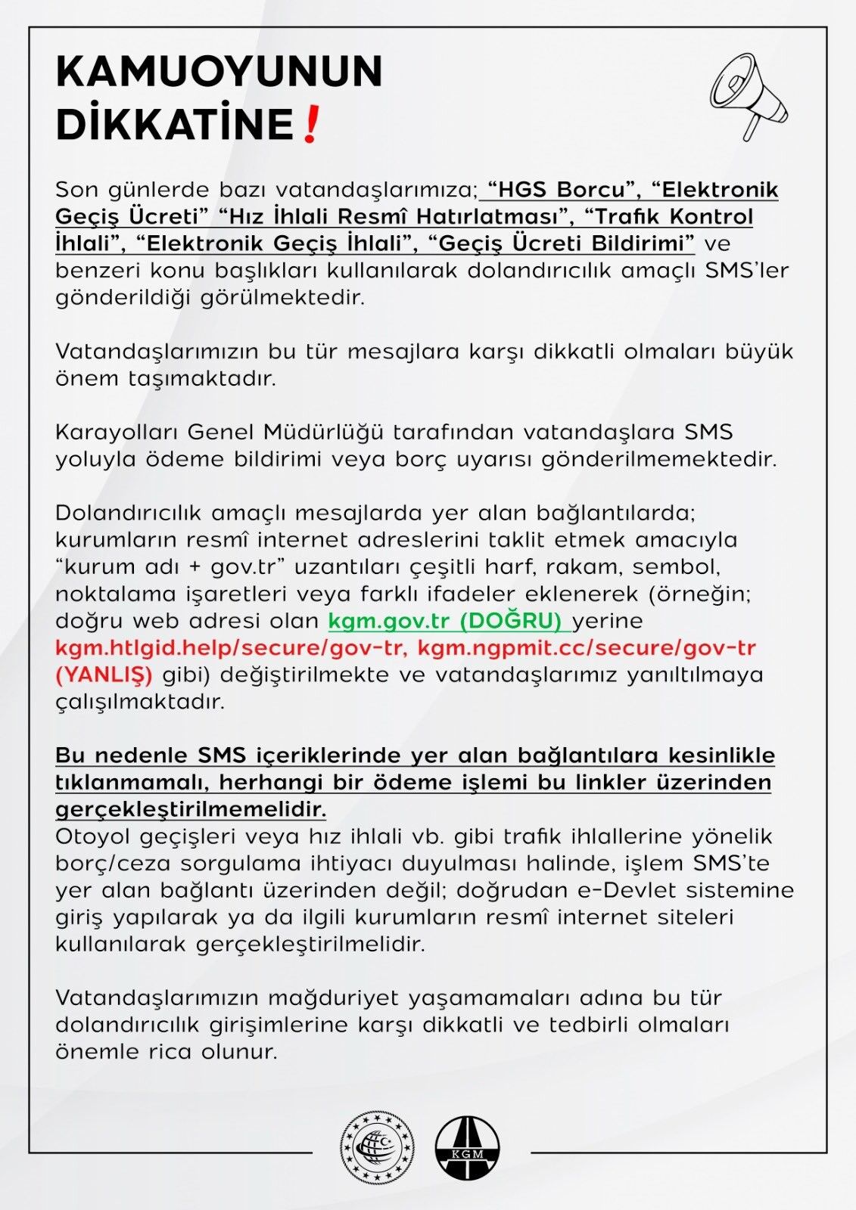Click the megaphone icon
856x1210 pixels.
click(748, 95)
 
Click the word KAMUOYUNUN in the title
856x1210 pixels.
click(219, 72)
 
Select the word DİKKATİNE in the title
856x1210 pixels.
click(175, 125)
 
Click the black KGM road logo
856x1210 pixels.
click(468, 1148)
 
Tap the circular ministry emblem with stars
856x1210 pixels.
click(377, 1148)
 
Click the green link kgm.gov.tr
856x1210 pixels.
click(388, 621)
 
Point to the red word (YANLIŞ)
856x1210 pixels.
click(104, 675)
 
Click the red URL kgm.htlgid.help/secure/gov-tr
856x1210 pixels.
click(232, 648)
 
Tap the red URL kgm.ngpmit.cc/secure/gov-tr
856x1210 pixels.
click(587, 648)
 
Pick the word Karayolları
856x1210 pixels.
click(117, 433)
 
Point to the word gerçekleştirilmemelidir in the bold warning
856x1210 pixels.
click(190, 810)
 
